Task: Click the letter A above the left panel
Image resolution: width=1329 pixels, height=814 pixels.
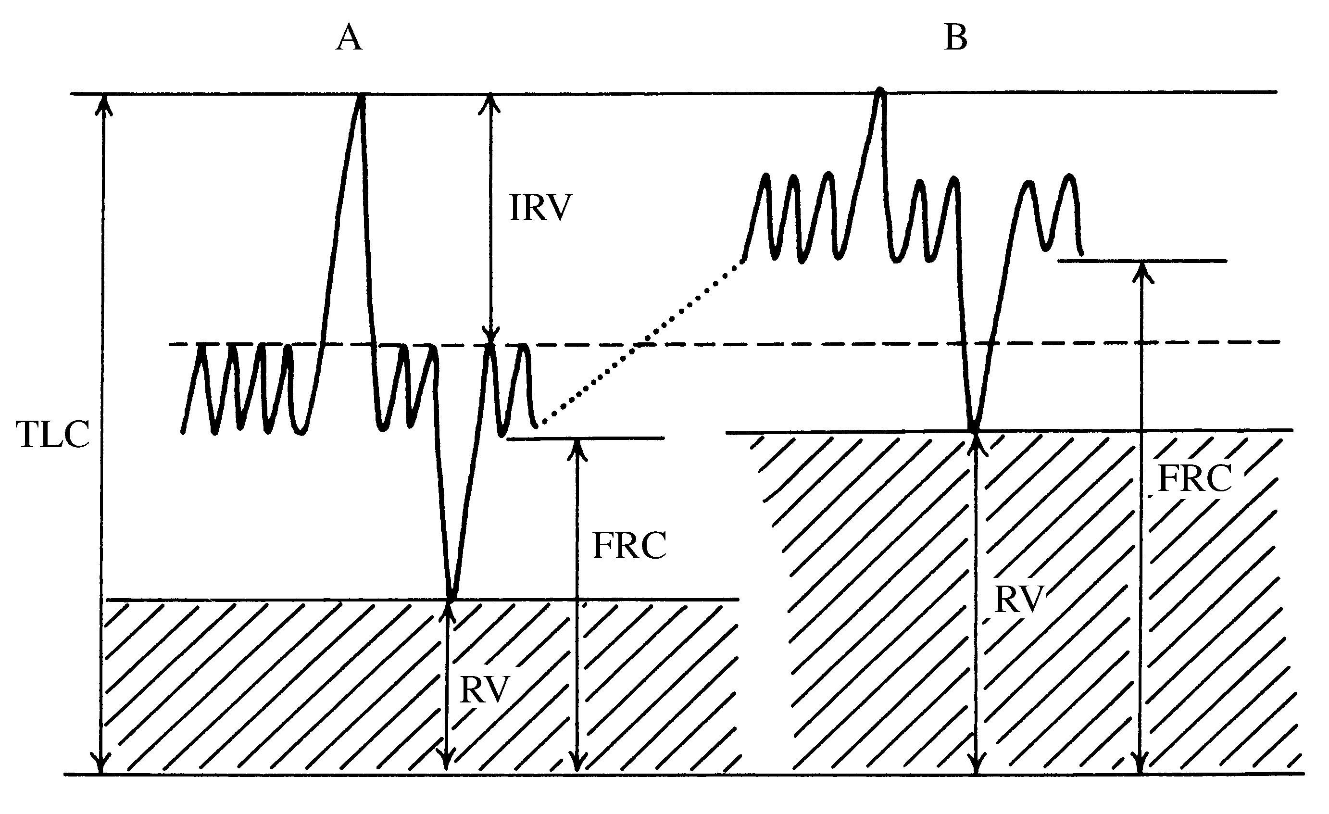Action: (349, 39)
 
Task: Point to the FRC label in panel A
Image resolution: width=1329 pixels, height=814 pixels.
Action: (629, 546)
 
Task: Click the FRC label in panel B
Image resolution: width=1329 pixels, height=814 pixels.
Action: (1195, 478)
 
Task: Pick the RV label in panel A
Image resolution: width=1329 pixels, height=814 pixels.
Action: (484, 690)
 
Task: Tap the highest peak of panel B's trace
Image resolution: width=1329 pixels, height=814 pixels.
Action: (880, 89)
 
